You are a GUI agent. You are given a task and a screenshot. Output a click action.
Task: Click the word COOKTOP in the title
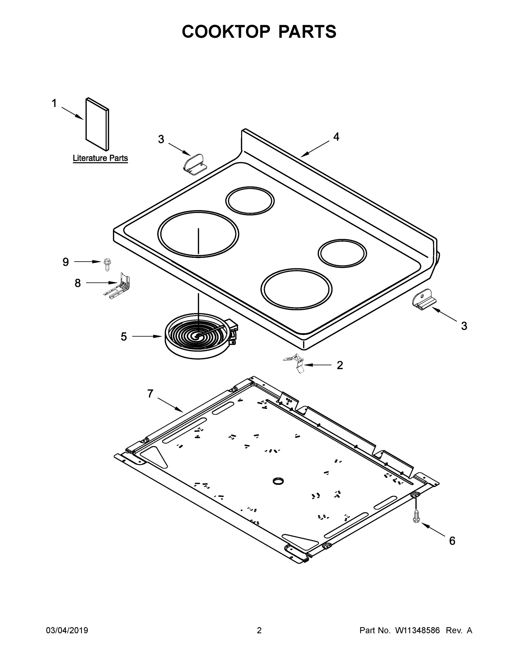click(x=226, y=32)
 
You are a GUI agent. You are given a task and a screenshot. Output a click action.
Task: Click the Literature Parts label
click(x=100, y=158)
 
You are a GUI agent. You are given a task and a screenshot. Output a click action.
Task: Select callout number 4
click(x=336, y=137)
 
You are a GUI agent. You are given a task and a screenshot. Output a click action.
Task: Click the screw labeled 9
click(x=108, y=264)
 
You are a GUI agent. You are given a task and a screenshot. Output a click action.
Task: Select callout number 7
click(x=150, y=394)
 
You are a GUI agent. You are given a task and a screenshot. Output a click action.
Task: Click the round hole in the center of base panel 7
click(x=278, y=481)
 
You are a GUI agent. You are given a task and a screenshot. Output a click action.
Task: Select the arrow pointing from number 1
click(x=72, y=113)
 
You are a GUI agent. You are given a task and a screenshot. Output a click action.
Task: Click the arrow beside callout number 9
click(x=87, y=262)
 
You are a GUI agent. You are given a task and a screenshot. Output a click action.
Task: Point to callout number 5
click(x=124, y=336)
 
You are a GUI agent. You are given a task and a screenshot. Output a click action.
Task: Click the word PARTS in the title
click(x=307, y=32)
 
